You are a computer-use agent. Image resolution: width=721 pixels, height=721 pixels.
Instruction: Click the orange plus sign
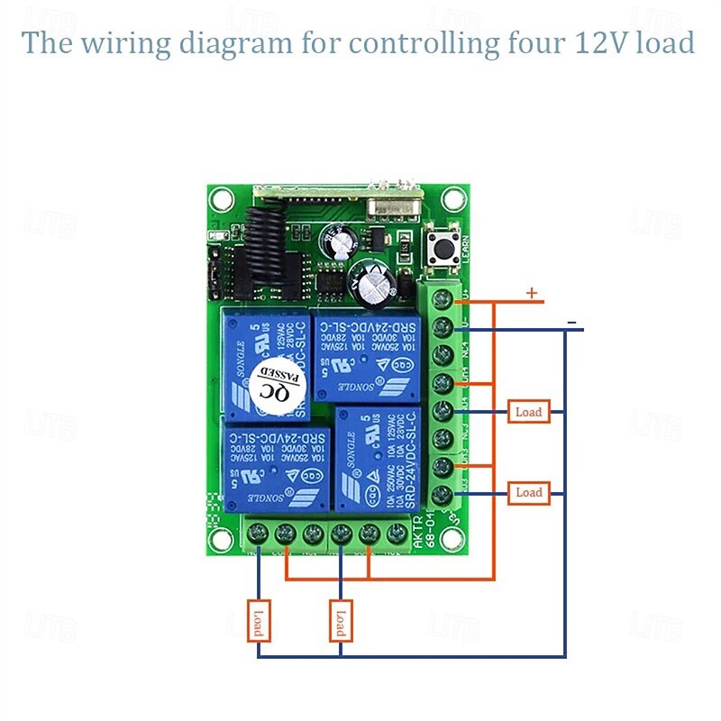click(532, 292)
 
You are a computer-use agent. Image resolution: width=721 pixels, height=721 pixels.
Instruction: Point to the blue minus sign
click(571, 322)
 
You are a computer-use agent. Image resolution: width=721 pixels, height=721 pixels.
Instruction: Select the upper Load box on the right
click(528, 412)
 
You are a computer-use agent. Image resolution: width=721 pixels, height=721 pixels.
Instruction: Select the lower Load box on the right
click(528, 492)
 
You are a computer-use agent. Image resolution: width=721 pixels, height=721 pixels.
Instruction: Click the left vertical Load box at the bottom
click(258, 621)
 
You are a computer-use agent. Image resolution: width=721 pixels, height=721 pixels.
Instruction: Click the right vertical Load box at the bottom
click(341, 621)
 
